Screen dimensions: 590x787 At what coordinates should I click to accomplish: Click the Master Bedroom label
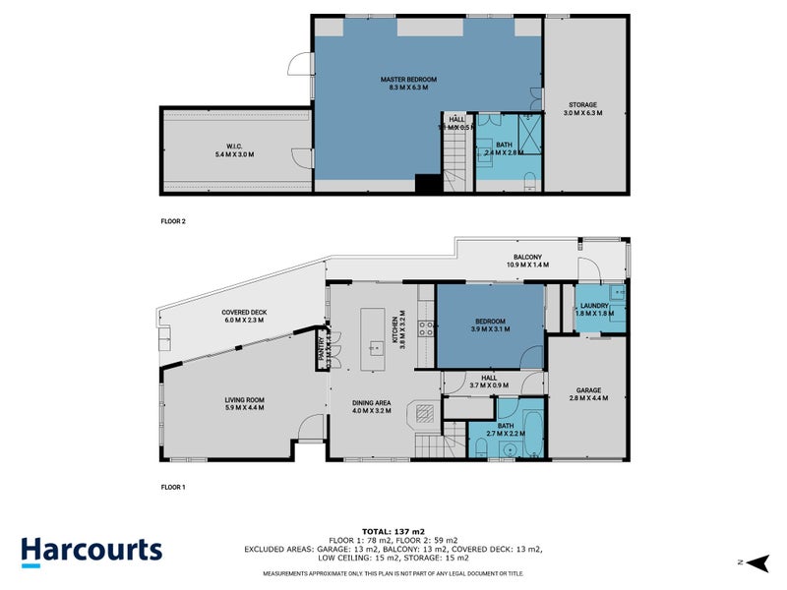coord(408,83)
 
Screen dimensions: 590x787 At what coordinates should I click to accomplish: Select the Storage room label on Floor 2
coord(581,109)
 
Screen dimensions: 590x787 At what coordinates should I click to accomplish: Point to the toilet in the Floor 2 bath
coord(528,179)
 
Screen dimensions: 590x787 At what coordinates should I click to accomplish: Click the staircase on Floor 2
coord(454,156)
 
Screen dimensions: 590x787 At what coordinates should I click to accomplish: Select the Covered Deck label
coord(244,316)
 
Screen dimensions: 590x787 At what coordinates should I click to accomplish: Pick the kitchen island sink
coord(375,347)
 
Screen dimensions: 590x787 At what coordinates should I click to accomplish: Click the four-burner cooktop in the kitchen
coord(426,329)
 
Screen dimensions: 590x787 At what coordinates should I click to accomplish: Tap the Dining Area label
coord(373,406)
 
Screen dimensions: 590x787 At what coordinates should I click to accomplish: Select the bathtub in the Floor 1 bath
coord(531,434)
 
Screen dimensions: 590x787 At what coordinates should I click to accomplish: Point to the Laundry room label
coord(594,311)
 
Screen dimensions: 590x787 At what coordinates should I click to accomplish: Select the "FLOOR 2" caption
coord(173,222)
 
